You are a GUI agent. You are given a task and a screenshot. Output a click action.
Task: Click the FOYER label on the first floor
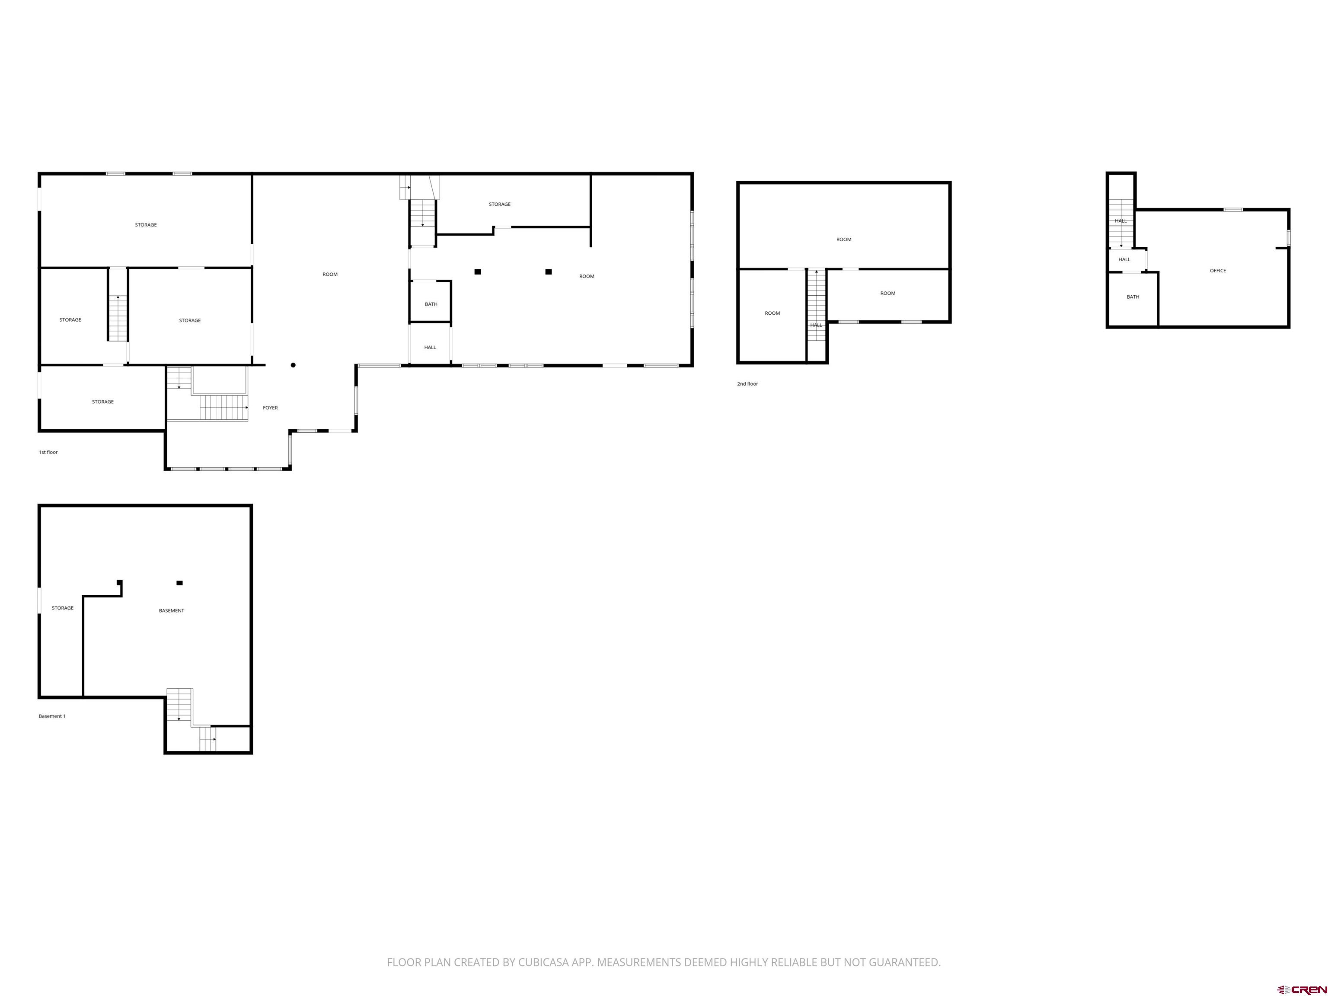point(270,408)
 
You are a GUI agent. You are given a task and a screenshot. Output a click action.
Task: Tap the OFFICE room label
point(1217,271)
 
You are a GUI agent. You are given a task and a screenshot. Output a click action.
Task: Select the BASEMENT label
point(171,610)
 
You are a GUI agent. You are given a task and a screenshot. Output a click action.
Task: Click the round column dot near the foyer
point(293,365)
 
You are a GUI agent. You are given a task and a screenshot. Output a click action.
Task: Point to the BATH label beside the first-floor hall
point(431,304)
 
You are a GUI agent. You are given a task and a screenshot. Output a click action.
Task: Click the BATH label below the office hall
point(1132,297)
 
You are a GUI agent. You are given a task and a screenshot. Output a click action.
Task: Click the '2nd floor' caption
point(747,383)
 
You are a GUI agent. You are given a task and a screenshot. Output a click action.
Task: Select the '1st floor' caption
point(48,452)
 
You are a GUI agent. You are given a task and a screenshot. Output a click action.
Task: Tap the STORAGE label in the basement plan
point(62,608)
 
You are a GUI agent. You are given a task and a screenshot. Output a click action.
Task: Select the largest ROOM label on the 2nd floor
point(843,239)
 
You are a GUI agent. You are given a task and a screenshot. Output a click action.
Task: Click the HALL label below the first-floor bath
point(430,348)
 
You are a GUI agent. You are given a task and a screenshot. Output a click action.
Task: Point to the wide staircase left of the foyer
point(223,408)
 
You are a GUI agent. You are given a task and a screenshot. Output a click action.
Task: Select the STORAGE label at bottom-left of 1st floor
point(102,402)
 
